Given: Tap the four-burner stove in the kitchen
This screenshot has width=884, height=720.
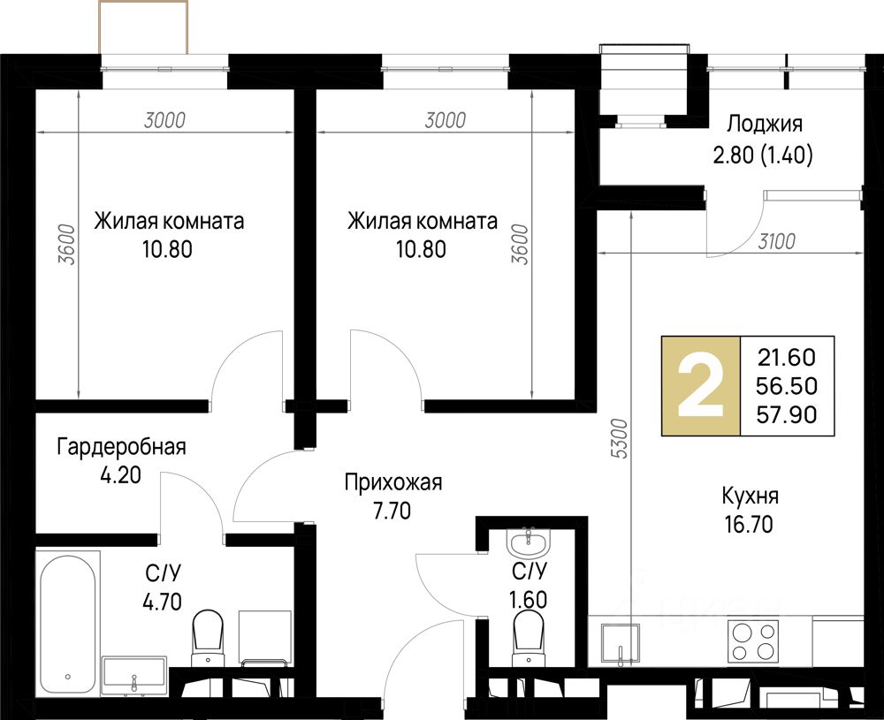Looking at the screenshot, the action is click(752, 641).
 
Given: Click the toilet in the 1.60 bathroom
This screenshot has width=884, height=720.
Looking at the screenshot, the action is click(529, 640).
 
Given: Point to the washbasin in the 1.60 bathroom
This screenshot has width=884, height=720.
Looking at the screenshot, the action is click(528, 542).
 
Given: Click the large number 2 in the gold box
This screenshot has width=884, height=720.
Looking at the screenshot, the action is click(700, 386).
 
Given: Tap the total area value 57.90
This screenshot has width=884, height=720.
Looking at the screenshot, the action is click(787, 414).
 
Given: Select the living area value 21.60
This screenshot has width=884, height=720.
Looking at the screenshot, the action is click(787, 357).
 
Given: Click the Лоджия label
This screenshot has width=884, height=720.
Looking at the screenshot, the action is click(764, 124).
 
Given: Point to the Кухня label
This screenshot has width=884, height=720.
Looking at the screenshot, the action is click(750, 496).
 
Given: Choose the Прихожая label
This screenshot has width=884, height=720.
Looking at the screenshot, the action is click(393, 483).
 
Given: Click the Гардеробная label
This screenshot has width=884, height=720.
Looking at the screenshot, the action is click(121, 447).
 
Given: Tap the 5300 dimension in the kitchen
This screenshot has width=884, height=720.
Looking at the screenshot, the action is click(621, 439).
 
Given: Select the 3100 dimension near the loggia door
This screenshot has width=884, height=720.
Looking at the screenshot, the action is click(776, 242).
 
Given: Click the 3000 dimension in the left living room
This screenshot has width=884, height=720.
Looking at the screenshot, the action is click(164, 120).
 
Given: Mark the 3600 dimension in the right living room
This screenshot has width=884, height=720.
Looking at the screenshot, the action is click(519, 245).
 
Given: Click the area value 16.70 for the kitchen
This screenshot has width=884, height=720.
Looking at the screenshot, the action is click(749, 525).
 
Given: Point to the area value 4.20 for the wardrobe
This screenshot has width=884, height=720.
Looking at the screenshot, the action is click(120, 475).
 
